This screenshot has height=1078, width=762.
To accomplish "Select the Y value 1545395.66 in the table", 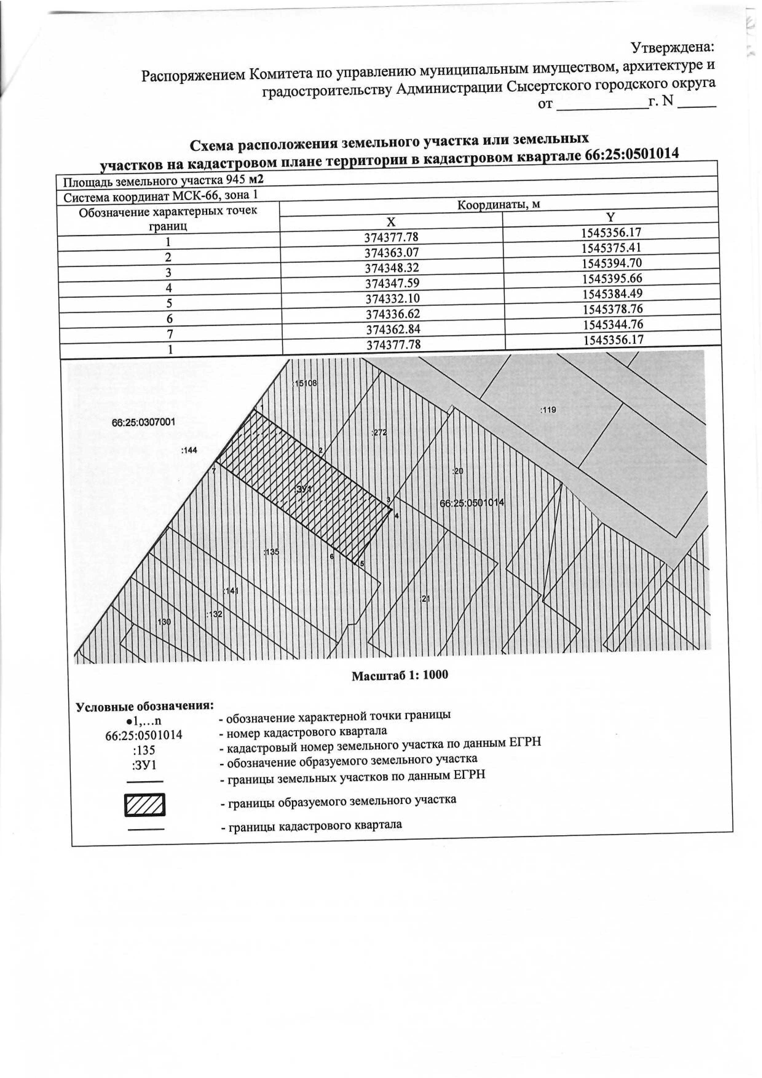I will tap(612, 278).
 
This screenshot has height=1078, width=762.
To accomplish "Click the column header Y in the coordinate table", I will tap(610, 217).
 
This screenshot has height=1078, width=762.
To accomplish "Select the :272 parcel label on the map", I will tap(379, 432).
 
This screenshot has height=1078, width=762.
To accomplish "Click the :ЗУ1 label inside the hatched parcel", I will tap(304, 489).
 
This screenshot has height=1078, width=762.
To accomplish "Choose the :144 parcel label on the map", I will tap(189, 450).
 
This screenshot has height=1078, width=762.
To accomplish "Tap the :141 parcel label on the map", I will tap(231, 591).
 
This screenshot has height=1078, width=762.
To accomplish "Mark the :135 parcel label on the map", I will tap(271, 552).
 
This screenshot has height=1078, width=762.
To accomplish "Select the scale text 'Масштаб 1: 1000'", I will tap(400, 675).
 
